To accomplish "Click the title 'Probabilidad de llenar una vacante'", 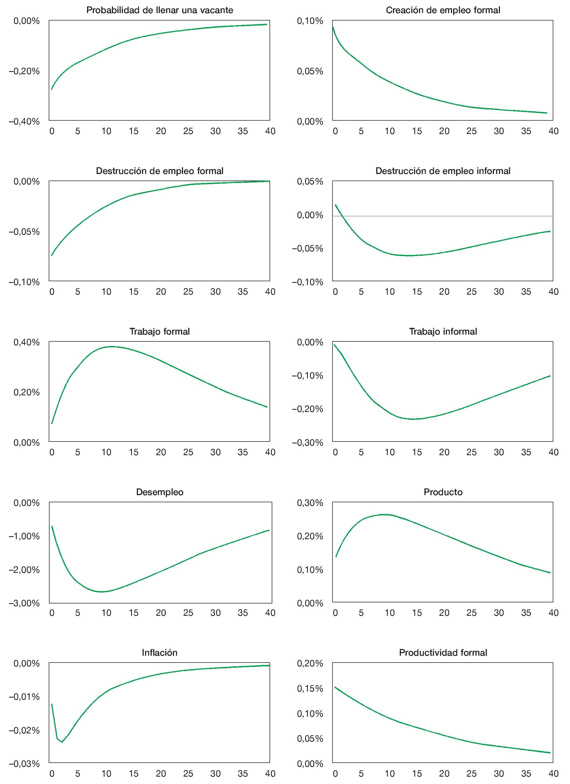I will pyautogui.click(x=160, y=10).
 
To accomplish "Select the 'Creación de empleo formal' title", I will pyautogui.click(x=443, y=10).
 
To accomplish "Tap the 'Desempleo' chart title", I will pyautogui.click(x=160, y=492).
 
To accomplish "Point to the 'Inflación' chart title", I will pyautogui.click(x=160, y=652).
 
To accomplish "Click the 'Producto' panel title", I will pyautogui.click(x=443, y=492).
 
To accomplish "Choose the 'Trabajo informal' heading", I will pyautogui.click(x=443, y=332).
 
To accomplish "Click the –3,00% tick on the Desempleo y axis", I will pyautogui.click(x=24, y=603).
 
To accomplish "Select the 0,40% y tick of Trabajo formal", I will pyautogui.click(x=27, y=342).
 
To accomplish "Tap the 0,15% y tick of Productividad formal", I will pyautogui.click(x=310, y=689).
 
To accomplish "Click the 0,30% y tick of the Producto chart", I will pyautogui.click(x=310, y=503).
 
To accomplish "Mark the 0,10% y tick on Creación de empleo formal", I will pyautogui.click(x=310, y=21).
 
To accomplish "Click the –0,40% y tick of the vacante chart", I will pyautogui.click(x=24, y=122).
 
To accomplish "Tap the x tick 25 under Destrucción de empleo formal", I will pyautogui.click(x=188, y=292).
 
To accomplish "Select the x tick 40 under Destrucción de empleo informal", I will pyautogui.click(x=553, y=292).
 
